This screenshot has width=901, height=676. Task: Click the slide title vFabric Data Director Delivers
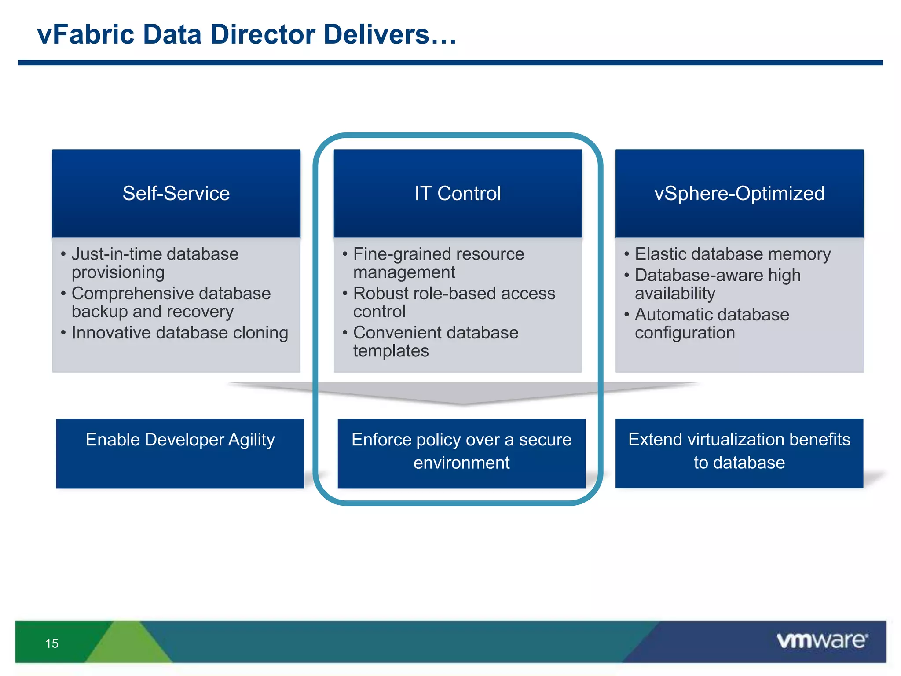247,35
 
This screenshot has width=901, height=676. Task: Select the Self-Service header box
176,194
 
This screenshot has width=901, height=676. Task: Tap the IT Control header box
458,194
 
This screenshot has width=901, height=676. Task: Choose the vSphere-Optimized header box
739,194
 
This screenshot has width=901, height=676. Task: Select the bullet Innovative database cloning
179,333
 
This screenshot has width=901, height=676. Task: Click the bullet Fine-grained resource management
438,263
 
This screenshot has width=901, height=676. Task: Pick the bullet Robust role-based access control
454,302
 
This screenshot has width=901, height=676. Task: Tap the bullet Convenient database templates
436,342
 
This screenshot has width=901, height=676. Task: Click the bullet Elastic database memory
733,254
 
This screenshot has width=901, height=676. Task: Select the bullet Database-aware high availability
717,284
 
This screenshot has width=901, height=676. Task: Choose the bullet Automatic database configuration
711,323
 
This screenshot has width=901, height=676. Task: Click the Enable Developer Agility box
180,453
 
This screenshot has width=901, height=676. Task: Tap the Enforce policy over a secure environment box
461,453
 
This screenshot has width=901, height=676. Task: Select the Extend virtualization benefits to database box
739,453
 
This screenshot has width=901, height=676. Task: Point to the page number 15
52,643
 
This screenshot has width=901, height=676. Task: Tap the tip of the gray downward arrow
462,402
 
